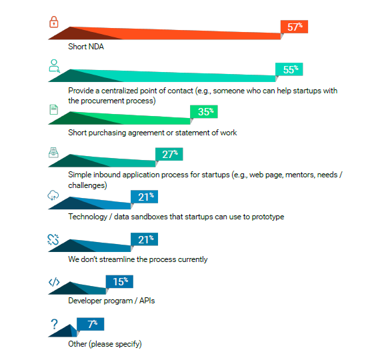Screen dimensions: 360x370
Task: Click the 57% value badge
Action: [294, 27]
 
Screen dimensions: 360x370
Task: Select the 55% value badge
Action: [289, 69]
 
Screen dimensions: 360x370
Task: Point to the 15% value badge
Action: [119, 282]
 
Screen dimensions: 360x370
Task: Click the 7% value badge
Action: [90, 325]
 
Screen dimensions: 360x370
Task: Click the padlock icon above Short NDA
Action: [54, 23]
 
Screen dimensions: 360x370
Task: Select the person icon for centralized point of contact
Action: [54, 65]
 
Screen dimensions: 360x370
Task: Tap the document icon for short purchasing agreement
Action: [54, 109]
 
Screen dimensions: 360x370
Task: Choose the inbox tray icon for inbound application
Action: [54, 152]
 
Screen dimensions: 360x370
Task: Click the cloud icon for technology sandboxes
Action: [54, 195]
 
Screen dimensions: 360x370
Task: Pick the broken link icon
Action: [54, 239]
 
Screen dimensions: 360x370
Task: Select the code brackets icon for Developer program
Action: [54, 282]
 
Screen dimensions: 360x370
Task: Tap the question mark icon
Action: [54, 324]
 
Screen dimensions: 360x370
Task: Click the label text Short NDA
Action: [86, 47]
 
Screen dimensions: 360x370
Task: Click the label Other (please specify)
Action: [105, 344]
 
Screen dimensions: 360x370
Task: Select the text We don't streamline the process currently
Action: [137, 259]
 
